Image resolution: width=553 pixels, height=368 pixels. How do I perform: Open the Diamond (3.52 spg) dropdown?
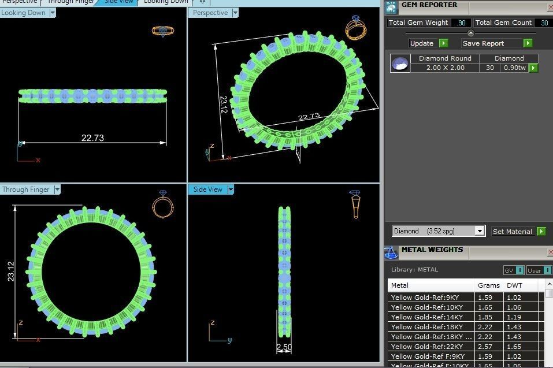pyautogui.click(x=479, y=231)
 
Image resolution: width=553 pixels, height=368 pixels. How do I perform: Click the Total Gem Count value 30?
pyautogui.click(x=544, y=23)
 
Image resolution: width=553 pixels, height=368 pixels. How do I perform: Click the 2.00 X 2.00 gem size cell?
pyautogui.click(x=445, y=68)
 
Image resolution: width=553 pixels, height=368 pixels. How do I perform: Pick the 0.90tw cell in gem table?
pyautogui.click(x=514, y=68)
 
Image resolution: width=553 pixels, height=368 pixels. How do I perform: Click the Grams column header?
pyautogui.click(x=488, y=285)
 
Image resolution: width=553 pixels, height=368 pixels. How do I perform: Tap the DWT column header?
pyautogui.click(x=514, y=285)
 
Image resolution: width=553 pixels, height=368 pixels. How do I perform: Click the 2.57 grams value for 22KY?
pyautogui.click(x=485, y=347)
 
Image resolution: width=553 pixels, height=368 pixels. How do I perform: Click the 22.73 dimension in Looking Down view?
pyautogui.click(x=92, y=138)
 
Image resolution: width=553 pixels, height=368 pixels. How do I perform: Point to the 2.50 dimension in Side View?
pyautogui.click(x=284, y=347)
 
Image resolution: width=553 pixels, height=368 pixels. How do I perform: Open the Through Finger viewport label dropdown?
pyautogui.click(x=57, y=189)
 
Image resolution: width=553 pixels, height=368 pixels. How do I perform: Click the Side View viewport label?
pyautogui.click(x=207, y=189)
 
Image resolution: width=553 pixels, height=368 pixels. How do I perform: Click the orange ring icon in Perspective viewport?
pyautogui.click(x=355, y=28)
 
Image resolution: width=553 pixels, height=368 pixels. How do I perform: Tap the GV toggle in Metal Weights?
pyautogui.click(x=514, y=270)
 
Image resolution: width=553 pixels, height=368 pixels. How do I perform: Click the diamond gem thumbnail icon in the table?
pyautogui.click(x=399, y=63)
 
